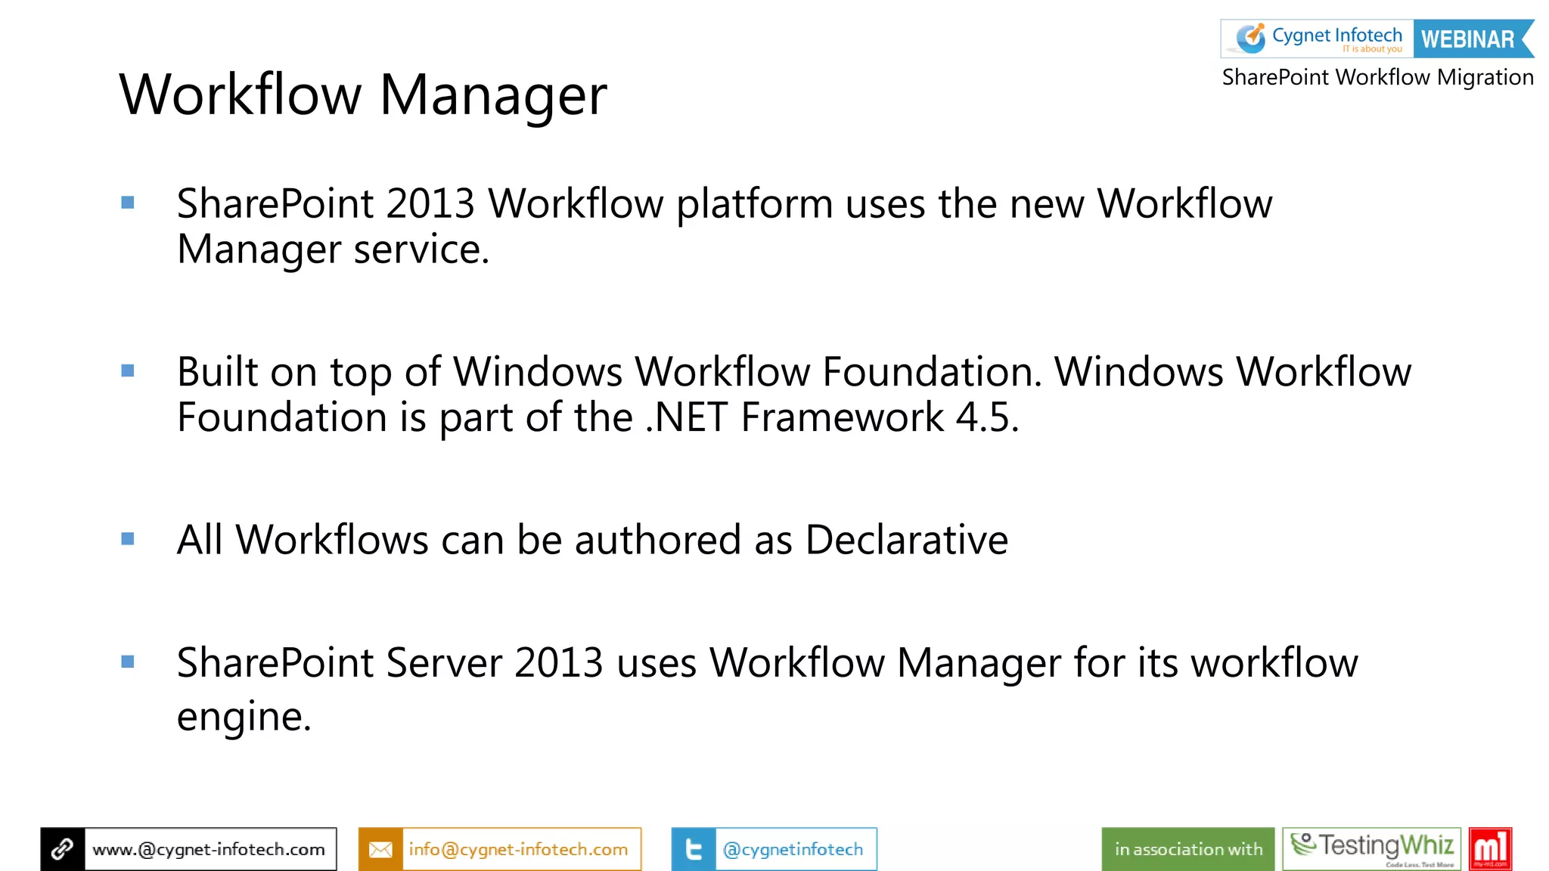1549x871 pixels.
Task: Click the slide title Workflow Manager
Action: click(363, 95)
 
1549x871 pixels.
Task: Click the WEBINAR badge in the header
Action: click(1467, 39)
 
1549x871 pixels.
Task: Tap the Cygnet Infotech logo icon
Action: click(1250, 38)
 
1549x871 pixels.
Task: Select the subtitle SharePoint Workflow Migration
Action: click(1377, 77)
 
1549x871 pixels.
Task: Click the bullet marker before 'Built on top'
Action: click(128, 370)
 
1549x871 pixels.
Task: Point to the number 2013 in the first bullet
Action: click(430, 203)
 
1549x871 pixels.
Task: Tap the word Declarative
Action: click(906, 540)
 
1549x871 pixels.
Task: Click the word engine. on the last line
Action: click(244, 716)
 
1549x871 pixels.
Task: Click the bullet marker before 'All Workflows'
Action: click(128, 539)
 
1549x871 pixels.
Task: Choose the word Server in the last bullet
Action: click(444, 663)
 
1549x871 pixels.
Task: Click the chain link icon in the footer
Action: click(63, 849)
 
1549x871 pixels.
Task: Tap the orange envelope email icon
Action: click(380, 849)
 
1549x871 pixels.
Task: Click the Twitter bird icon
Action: click(694, 849)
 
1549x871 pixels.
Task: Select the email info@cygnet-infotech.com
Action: click(518, 849)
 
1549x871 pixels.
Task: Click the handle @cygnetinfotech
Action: click(793, 849)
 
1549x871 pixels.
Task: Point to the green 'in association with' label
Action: click(1187, 849)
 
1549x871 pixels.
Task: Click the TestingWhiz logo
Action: click(1372, 848)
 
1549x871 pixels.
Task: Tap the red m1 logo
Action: click(1489, 848)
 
